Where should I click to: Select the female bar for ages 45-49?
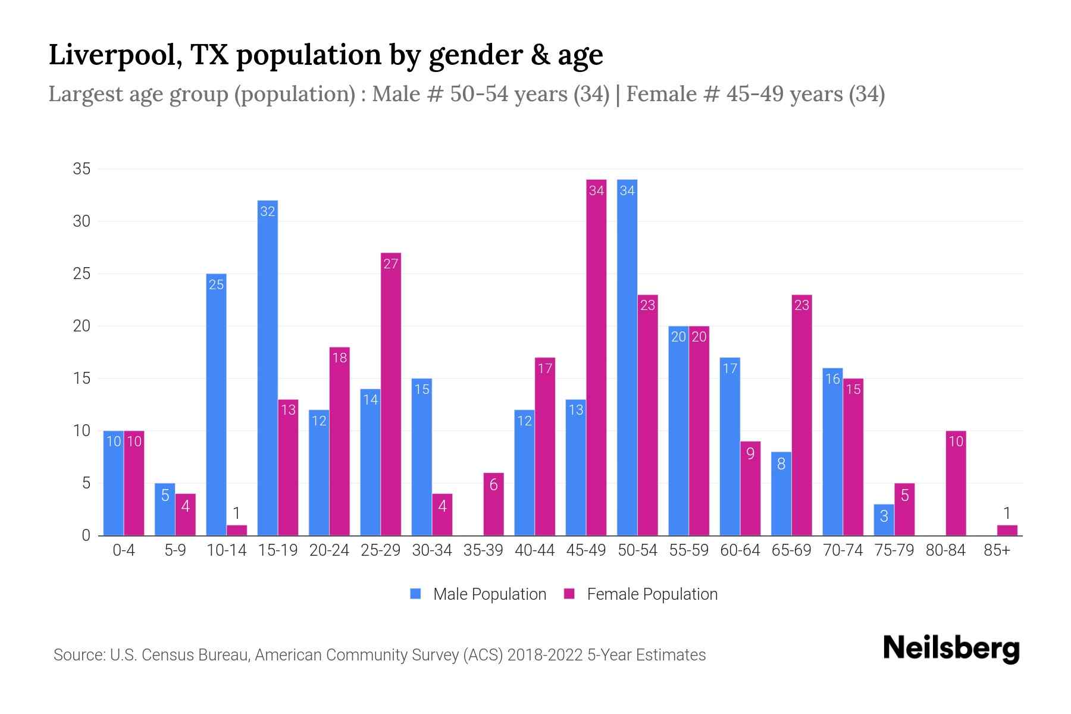(596, 357)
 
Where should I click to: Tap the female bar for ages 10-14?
(237, 530)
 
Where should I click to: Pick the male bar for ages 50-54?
(627, 357)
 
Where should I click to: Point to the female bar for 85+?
(1007, 530)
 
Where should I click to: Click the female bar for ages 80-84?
(956, 483)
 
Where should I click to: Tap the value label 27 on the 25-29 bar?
(390, 264)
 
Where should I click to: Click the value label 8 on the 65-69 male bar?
(781, 464)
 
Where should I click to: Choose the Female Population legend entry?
(640, 594)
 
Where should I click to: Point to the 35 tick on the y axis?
(82, 169)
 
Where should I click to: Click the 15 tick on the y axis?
(82, 378)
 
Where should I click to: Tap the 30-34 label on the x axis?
(432, 550)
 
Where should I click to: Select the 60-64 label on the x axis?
(740, 550)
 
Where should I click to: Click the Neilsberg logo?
(951, 649)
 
